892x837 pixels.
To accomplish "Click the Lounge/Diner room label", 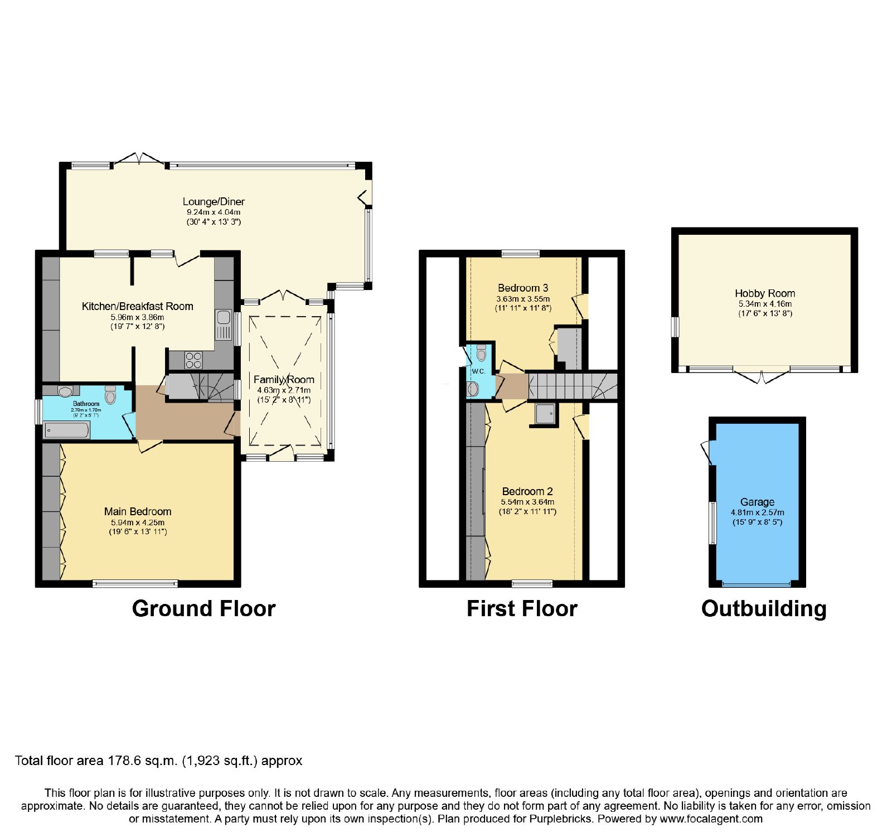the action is tap(214, 202).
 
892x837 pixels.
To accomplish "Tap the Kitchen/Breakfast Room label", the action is tap(138, 306).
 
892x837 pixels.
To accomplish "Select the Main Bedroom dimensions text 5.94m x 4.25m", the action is tap(138, 522).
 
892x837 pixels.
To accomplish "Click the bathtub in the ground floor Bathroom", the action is tap(67, 430).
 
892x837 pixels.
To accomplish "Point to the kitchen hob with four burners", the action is tap(194, 360).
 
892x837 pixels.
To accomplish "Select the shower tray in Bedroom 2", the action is tap(545, 414).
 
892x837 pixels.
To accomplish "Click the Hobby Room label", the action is tap(765, 293).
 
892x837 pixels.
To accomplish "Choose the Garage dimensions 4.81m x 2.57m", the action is tap(757, 512).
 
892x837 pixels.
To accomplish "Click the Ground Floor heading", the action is tap(204, 608).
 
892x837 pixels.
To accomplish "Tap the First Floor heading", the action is tap(522, 608).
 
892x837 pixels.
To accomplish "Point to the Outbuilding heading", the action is tap(764, 609).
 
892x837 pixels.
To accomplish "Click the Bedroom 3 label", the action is tap(523, 288).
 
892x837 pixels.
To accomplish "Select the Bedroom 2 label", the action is tap(527, 491).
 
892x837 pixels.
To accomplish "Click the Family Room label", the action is tap(284, 380).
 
